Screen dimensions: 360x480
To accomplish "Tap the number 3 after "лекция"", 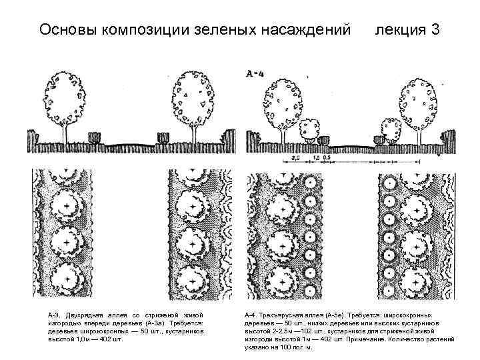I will click(435, 30).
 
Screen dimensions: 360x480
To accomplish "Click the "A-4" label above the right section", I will click(255, 74).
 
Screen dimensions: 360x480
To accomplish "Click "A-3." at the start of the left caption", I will click(53, 314).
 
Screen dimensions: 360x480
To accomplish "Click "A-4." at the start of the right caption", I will click(251, 314).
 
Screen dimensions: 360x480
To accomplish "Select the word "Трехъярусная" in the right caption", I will click(283, 314).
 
